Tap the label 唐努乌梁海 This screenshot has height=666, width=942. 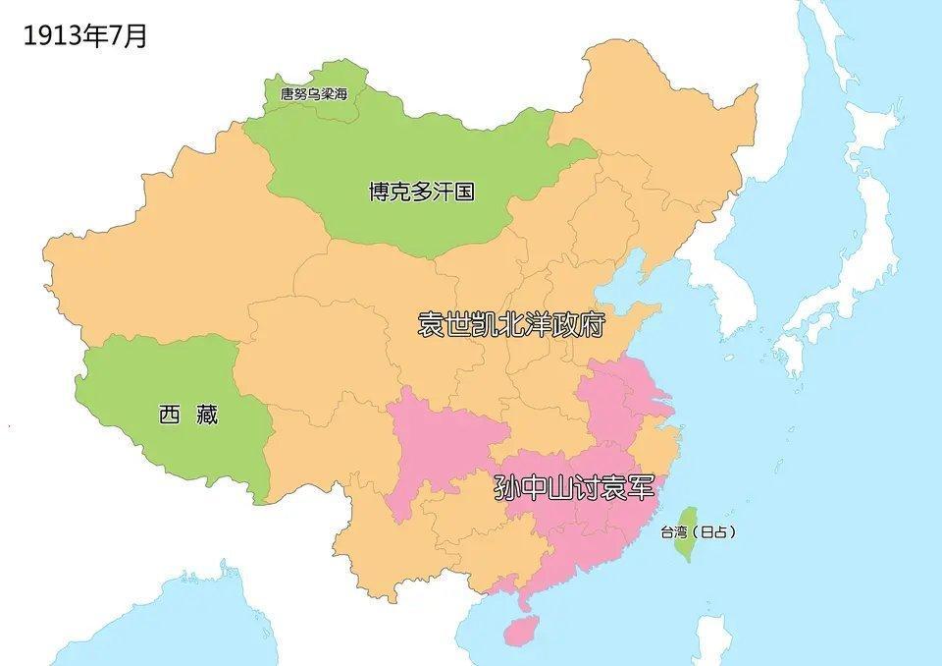(x=313, y=94)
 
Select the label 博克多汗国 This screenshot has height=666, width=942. (x=421, y=192)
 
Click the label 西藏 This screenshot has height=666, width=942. (x=187, y=416)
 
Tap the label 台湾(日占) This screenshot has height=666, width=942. (x=697, y=532)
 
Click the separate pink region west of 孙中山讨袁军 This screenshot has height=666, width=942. (x=432, y=442)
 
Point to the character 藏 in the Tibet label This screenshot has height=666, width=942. (x=205, y=416)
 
